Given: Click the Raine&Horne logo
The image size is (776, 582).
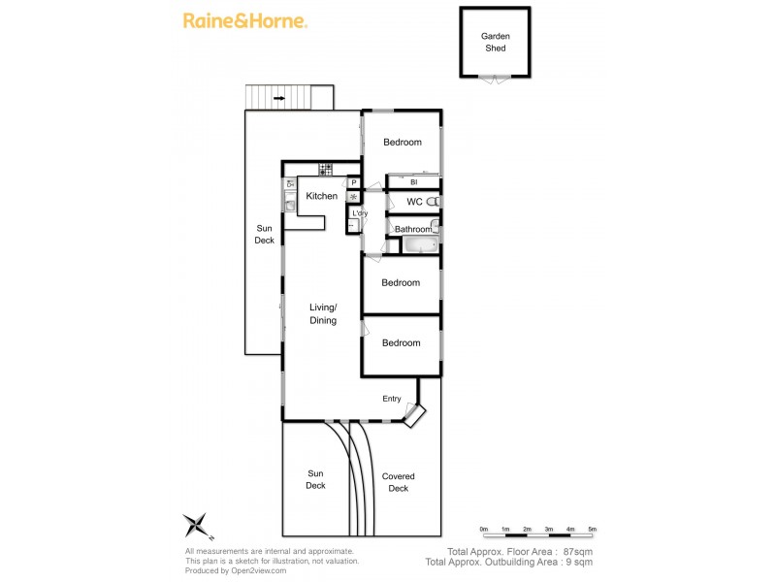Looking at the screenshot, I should click(245, 20).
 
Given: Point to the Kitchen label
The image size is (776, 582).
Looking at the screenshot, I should click(322, 196).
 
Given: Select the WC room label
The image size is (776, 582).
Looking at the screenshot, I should click(414, 202).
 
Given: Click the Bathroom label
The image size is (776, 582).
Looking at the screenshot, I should click(412, 230).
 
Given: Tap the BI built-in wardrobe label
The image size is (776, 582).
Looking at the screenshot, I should click(413, 181).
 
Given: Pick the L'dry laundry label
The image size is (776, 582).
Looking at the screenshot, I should click(360, 213).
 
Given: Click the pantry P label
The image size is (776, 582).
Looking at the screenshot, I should click(354, 181).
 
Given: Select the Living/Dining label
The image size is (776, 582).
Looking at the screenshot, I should click(323, 313).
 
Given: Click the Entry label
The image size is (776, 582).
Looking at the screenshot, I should click(392, 399).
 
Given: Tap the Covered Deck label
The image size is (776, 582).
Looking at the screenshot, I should click(398, 482).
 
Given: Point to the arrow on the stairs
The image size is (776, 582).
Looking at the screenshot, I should click(279, 98).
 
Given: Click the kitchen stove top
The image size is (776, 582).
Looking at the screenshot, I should click(325, 169).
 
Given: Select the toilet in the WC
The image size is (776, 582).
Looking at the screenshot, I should click(436, 202).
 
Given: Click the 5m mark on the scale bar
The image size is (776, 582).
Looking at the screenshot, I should click(592, 529).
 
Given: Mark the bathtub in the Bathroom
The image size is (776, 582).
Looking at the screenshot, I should click(415, 244).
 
